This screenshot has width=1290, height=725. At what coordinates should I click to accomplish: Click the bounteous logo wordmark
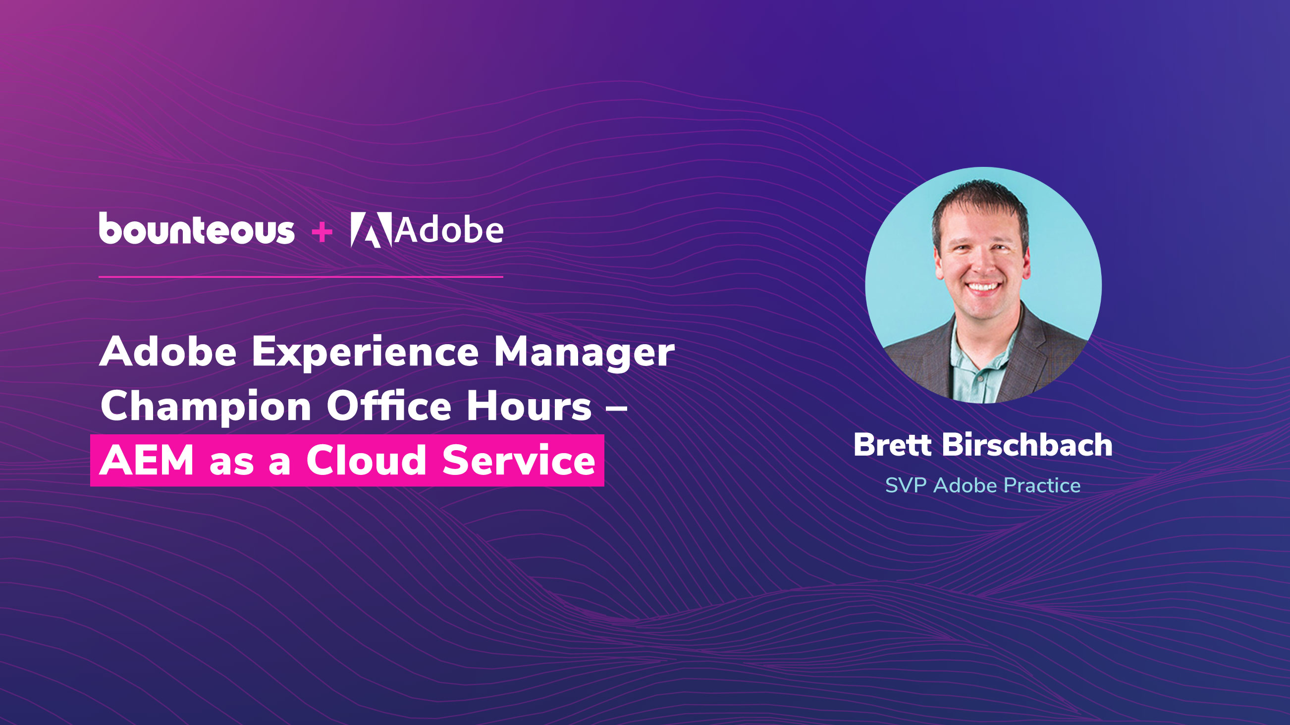pyautogui.click(x=197, y=228)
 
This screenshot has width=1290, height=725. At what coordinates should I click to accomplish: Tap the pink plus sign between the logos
pyautogui.click(x=322, y=232)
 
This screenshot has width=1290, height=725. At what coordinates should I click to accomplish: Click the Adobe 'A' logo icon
pyautogui.click(x=371, y=230)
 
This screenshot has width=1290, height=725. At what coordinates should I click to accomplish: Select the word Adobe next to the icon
pyautogui.click(x=449, y=230)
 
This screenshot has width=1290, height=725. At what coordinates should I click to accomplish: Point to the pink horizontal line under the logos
pyautogui.click(x=301, y=276)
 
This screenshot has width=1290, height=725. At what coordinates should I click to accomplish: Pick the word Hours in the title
pyautogui.click(x=529, y=405)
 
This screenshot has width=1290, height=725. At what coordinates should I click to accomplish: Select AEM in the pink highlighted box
pyautogui.click(x=147, y=460)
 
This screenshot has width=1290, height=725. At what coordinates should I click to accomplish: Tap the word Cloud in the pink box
pyautogui.click(x=366, y=460)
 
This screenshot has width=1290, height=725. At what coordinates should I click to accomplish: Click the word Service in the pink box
pyautogui.click(x=519, y=460)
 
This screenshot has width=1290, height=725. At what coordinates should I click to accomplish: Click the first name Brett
pyautogui.click(x=892, y=444)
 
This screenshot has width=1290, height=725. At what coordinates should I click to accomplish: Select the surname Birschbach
pyautogui.click(x=1027, y=444)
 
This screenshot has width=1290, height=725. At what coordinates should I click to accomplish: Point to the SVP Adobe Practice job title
pyautogui.click(x=983, y=485)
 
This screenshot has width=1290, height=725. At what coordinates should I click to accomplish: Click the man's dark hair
pyautogui.click(x=980, y=206)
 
